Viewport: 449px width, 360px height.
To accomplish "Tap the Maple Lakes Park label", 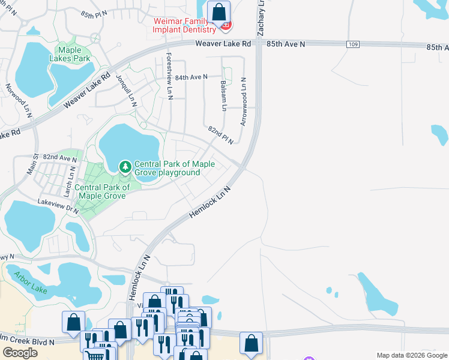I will click(74, 54).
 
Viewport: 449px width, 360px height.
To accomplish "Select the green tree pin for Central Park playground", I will click(125, 166).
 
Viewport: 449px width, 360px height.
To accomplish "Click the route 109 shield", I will click(354, 44).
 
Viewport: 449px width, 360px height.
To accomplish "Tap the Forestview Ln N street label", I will click(170, 76).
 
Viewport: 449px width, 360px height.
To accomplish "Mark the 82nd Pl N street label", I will click(220, 133).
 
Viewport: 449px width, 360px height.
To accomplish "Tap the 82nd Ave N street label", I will click(60, 158).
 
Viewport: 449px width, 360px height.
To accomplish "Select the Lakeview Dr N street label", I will click(58, 206).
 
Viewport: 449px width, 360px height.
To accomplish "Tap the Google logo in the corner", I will click(20, 353).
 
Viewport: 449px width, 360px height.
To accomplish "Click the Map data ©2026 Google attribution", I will click(411, 355).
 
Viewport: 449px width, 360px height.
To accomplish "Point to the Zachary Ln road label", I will click(261, 18).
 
